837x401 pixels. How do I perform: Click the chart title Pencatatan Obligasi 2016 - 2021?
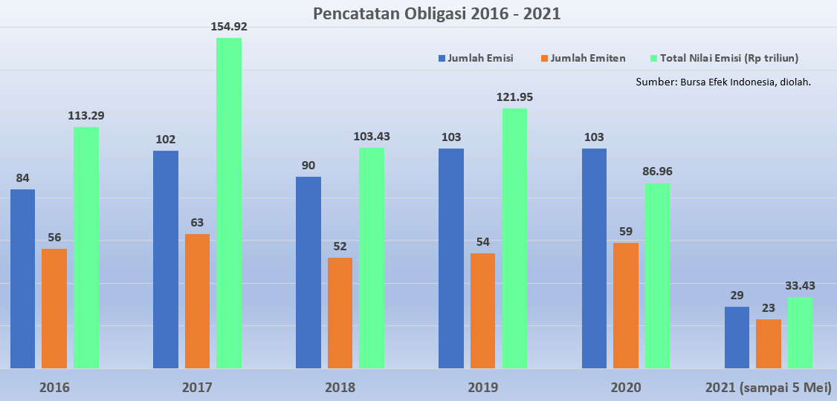point(436,14)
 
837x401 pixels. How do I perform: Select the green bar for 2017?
point(229,203)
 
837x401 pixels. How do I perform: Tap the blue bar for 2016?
point(22,278)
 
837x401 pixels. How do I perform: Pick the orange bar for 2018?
point(340,313)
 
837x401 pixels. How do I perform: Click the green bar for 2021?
point(800,333)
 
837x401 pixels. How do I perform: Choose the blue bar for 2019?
point(451,258)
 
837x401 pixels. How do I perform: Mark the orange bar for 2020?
point(626,305)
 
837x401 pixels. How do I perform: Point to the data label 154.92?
point(229,27)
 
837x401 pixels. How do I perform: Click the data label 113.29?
point(86,115)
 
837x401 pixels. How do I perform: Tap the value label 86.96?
point(657,172)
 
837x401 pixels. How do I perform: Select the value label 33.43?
point(800,285)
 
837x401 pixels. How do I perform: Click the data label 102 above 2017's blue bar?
point(166,139)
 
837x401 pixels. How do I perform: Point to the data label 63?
point(197,222)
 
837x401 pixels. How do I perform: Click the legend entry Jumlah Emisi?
point(480,58)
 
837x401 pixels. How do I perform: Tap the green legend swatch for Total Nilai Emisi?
point(655,58)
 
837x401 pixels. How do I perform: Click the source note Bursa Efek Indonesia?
point(723,82)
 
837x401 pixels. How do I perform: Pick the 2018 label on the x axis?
point(340,388)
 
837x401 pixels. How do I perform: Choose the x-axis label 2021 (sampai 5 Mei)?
point(768,388)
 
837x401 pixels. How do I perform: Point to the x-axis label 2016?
point(54,388)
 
